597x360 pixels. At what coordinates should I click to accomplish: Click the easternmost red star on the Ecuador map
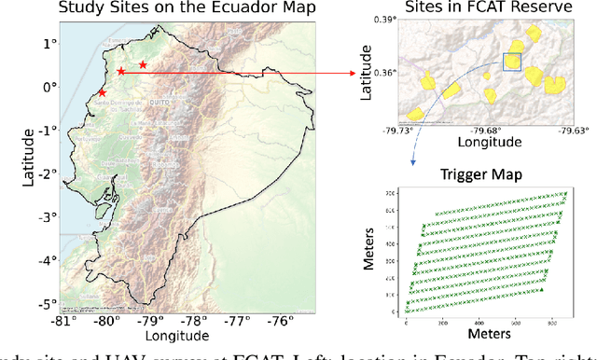pos(143,64)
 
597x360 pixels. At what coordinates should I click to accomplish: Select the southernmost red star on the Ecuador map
pos(102,92)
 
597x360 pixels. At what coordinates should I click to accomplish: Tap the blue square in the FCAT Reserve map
pos(512,62)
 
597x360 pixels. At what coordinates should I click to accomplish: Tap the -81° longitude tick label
pos(64,322)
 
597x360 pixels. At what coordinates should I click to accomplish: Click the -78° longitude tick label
pos(194,322)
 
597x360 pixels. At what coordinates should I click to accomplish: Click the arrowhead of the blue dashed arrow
pos(413,166)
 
